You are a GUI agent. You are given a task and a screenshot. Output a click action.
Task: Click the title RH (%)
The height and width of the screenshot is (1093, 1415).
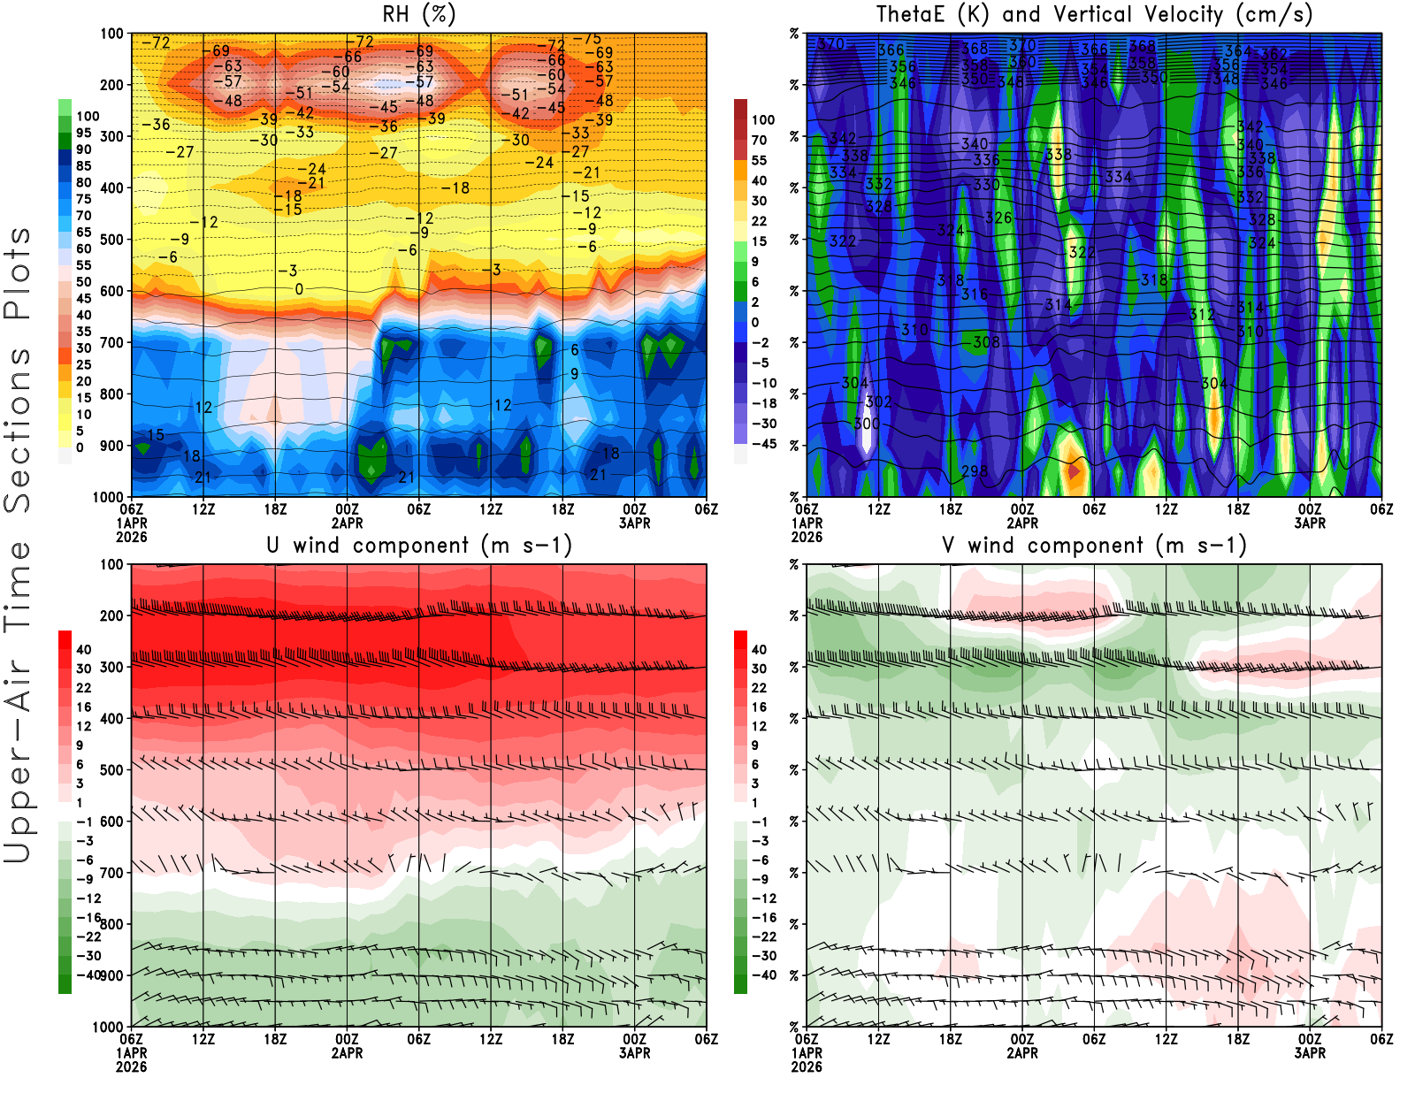point(419,14)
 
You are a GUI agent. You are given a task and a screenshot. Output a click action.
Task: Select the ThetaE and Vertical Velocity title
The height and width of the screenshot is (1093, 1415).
point(1094,14)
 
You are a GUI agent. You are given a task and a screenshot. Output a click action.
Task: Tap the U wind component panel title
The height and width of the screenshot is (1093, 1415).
point(419,545)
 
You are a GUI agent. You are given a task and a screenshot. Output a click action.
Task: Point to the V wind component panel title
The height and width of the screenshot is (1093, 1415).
point(1094,545)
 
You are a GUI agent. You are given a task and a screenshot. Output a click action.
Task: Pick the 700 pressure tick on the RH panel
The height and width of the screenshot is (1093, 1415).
point(112,342)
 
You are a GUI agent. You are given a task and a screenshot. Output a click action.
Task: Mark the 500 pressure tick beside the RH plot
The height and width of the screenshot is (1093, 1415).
point(112,240)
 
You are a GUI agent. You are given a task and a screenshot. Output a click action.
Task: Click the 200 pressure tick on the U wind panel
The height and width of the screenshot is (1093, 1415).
point(112,615)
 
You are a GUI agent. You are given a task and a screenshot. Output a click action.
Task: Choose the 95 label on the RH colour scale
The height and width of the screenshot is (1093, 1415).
point(83,133)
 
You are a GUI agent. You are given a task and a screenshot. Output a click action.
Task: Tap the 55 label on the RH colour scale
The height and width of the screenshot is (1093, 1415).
point(83,265)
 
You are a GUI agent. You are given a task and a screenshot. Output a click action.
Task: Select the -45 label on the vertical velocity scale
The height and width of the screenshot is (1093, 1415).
point(763,444)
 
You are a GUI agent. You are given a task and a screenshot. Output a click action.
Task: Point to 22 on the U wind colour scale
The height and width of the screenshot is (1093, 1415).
point(83,688)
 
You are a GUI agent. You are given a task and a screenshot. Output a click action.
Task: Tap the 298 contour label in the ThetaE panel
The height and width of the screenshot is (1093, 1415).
point(974,471)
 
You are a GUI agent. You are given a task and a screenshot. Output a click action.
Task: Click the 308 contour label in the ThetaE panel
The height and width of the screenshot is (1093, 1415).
point(985,342)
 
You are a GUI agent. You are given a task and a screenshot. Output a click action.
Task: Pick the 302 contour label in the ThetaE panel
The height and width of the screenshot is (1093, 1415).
point(877,402)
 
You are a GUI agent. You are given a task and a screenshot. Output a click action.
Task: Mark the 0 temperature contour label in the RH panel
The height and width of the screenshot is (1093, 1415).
point(299,289)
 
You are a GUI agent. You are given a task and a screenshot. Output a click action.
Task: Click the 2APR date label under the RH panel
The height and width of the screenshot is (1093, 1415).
point(347,523)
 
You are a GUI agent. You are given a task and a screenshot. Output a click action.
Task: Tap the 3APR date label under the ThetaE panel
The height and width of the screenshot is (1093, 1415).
point(1310,523)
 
